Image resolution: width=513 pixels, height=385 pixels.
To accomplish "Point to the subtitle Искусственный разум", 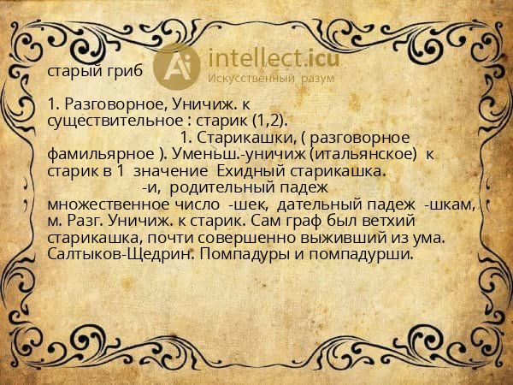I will [x=271, y=78].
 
